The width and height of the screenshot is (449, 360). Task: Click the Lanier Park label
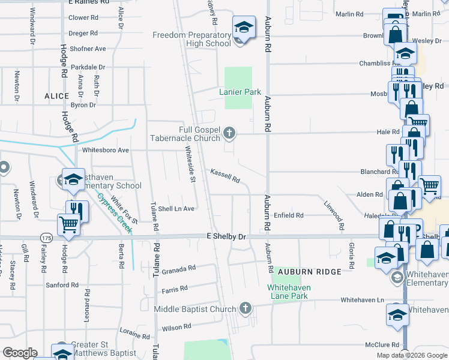[240, 92]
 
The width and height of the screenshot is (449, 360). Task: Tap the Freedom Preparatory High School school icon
[244, 28]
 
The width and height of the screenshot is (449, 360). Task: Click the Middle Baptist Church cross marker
[244, 308]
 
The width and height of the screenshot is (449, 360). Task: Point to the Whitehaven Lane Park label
[288, 292]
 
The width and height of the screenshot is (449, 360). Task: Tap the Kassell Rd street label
[225, 176]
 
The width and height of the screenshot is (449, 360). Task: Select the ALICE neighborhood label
[56, 96]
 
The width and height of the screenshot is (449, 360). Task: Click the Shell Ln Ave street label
[176, 209]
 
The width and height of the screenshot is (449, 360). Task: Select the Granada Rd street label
[179, 268]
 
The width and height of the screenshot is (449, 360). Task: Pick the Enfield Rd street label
[289, 215]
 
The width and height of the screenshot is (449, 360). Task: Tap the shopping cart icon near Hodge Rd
[68, 226]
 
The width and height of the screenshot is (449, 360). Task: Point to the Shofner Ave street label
[87, 49]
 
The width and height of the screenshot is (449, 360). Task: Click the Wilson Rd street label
[176, 327]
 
